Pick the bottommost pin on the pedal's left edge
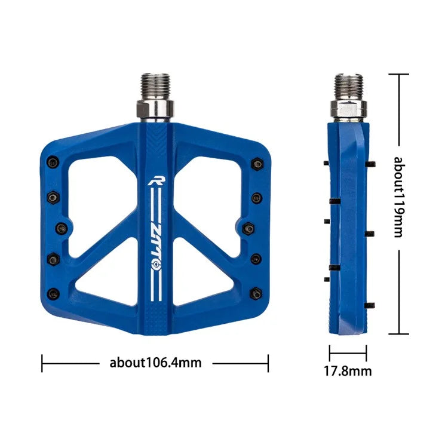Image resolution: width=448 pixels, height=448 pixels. pos(53,293)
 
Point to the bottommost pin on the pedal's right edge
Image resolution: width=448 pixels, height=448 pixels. pos(257,293)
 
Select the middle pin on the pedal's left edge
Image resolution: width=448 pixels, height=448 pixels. pos(60,227)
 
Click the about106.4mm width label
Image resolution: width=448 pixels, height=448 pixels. pos(155,363)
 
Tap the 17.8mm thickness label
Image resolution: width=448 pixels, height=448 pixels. pos(348,371)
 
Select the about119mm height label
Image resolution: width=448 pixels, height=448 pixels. pos(399,197)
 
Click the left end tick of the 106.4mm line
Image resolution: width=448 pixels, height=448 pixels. pos(42,363)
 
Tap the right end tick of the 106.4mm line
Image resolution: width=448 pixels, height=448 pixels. pos(268,363)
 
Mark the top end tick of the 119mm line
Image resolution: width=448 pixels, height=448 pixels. pos(399,74)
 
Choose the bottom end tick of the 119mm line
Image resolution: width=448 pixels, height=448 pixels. pos(399,335)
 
